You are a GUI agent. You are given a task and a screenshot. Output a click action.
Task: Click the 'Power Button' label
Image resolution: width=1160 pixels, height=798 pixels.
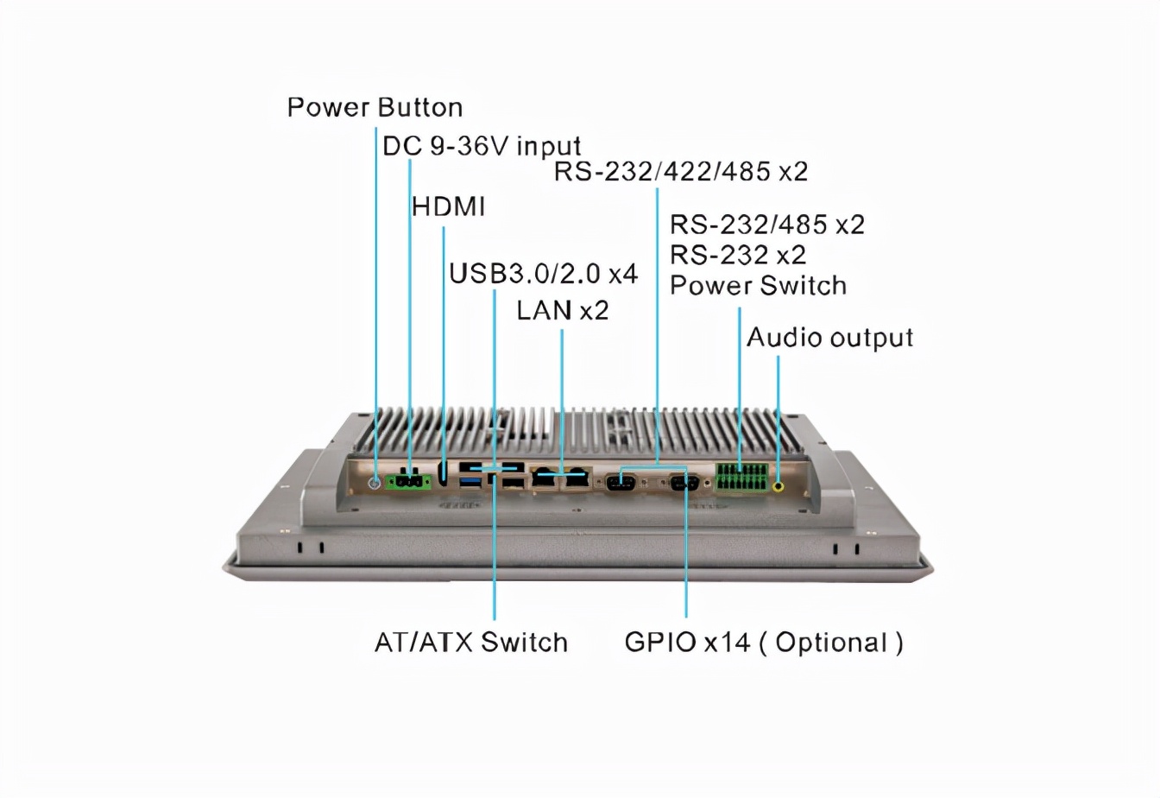coord(375,108)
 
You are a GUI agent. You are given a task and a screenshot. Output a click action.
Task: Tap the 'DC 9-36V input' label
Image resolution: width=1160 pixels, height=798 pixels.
coord(482,146)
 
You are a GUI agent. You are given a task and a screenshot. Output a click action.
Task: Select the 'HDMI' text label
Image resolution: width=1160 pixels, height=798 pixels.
coord(448,207)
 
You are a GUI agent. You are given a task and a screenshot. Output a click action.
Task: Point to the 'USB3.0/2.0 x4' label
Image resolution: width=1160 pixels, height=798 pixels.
coord(543,274)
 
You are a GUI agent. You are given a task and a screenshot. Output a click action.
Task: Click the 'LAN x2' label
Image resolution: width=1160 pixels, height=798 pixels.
coord(563,310)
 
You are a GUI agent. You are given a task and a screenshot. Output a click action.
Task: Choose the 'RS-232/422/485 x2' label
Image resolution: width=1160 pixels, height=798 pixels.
coord(680,172)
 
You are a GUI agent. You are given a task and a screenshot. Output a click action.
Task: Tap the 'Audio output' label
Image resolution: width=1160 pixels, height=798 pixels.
coord(829,338)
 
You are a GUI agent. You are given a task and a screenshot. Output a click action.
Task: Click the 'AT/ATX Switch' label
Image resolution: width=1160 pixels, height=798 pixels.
coord(471,643)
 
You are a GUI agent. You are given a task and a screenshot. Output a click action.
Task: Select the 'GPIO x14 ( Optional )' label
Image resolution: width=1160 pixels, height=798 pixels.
coord(764,643)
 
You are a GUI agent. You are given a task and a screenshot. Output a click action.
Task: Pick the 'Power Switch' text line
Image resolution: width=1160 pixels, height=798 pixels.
coord(758,286)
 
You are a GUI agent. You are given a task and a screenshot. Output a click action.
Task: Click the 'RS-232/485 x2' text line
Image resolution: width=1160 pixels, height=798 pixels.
coord(766,225)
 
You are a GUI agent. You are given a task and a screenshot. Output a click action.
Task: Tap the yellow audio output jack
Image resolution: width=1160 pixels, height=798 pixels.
coord(779,486)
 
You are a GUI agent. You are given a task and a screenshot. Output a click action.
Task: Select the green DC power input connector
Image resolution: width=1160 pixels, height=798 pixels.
coord(409,482)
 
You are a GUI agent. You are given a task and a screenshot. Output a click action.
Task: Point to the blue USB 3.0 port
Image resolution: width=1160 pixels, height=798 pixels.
coord(470,480)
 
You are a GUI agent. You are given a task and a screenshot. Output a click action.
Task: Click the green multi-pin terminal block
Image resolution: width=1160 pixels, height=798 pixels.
coord(741,478)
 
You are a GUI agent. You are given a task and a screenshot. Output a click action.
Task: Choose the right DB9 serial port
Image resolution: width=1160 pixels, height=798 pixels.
coord(684,483)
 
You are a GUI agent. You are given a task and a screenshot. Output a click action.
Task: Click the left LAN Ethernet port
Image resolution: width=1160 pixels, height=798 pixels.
coord(545,478)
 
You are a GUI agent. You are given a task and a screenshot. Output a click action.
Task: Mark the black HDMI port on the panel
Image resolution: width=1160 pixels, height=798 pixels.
coord(444,473)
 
